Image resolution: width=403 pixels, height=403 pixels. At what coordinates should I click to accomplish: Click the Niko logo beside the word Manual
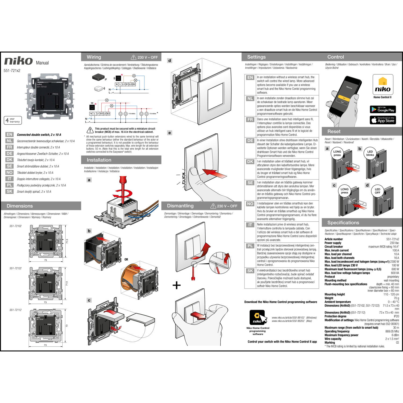(x=18, y=61)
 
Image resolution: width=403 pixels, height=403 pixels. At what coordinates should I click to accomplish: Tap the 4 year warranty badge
(x=13, y=120)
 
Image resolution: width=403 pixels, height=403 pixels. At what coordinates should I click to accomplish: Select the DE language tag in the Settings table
(x=250, y=141)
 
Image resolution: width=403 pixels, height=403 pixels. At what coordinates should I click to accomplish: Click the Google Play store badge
(x=383, y=109)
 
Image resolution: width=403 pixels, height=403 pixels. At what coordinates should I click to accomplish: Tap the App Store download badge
(x=383, y=120)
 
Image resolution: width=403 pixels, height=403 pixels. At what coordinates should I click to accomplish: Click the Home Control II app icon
(x=383, y=85)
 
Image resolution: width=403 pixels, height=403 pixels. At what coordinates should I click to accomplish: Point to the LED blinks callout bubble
(x=370, y=153)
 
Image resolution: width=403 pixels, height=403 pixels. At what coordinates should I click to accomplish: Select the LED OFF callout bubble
(x=377, y=191)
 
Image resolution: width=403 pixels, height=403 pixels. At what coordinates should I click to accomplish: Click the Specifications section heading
(x=343, y=223)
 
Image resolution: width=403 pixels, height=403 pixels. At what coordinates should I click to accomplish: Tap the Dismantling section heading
(x=180, y=206)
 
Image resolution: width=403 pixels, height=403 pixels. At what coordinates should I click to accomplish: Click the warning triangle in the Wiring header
(x=134, y=57)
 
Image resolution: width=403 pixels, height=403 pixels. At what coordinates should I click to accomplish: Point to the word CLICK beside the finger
(x=184, y=178)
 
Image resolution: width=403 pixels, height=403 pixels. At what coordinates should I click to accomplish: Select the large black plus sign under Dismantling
(x=177, y=285)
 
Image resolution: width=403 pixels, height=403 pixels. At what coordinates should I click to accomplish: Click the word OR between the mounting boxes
(x=126, y=260)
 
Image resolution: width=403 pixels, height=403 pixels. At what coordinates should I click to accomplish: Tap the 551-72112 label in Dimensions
(x=16, y=310)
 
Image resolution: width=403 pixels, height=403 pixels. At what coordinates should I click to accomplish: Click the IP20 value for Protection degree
(x=396, y=316)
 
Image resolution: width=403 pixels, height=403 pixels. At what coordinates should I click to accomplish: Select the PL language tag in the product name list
(x=9, y=185)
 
